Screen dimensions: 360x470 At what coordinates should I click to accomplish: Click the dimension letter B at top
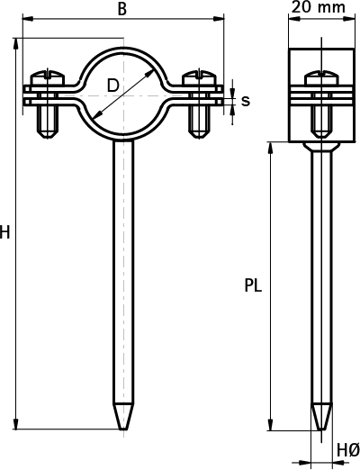122,9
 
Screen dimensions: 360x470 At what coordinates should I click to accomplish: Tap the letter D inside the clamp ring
113,86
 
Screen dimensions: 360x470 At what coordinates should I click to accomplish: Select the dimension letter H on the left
4,232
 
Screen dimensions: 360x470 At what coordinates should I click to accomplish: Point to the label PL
253,285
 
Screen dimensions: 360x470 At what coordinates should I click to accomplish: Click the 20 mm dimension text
319,7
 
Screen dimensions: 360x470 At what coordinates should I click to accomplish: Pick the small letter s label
246,101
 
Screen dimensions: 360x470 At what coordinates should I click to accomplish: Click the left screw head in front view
48,77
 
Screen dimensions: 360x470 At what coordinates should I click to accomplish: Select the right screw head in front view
199,77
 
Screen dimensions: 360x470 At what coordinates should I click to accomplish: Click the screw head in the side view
321,77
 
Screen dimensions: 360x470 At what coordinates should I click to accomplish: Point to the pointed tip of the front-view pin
123,429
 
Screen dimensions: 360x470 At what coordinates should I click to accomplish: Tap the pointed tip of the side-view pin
321,429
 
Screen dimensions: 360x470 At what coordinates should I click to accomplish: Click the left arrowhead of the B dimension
28,19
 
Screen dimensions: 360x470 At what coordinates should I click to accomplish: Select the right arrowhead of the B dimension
219,19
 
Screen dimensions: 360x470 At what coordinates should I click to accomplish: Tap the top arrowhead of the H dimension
16,43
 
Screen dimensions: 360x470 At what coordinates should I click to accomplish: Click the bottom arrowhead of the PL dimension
271,425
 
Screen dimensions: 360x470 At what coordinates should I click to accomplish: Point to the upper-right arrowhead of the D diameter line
149,73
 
